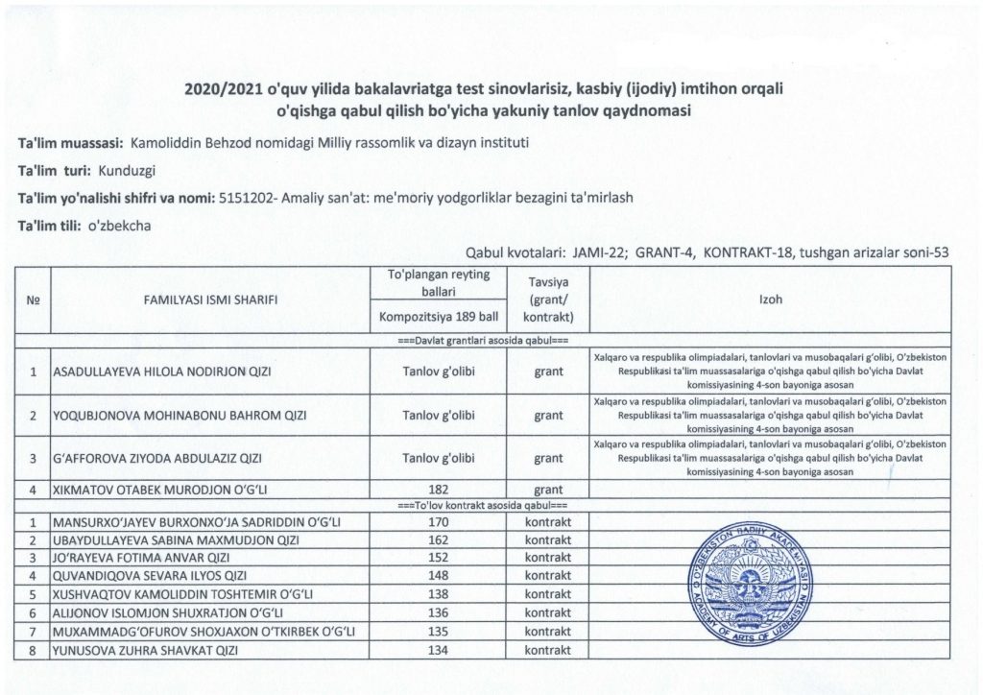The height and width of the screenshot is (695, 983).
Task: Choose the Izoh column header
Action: coord(770,300)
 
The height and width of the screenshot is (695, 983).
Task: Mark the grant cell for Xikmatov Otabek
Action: coord(549,490)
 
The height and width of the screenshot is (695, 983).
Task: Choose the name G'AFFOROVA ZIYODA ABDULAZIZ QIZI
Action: coord(158,459)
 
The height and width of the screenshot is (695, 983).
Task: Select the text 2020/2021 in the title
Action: coord(222,89)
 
